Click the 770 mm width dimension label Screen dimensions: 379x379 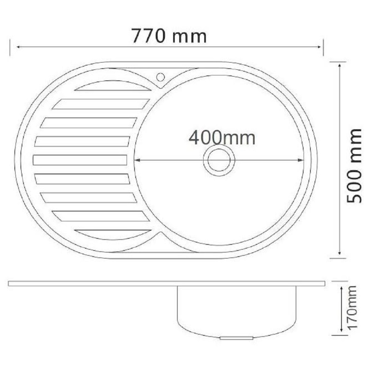click(x=169, y=36)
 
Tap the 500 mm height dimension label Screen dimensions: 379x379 click(x=354, y=166)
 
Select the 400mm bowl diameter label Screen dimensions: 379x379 click(x=222, y=138)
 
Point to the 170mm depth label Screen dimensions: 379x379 click(x=352, y=307)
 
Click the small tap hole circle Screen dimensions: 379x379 click(x=160, y=77)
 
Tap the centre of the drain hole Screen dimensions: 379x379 click(x=219, y=160)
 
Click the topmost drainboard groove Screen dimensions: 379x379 click(x=113, y=86)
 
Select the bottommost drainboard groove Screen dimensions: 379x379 click(x=113, y=235)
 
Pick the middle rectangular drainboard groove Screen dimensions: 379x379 click(x=80, y=160)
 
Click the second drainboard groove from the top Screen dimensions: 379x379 click(x=101, y=104)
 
